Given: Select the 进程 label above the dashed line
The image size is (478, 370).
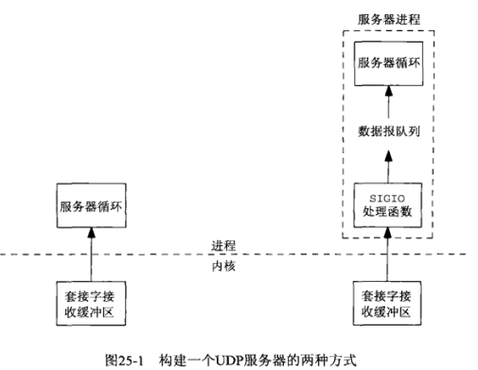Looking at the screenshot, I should click(x=223, y=245).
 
